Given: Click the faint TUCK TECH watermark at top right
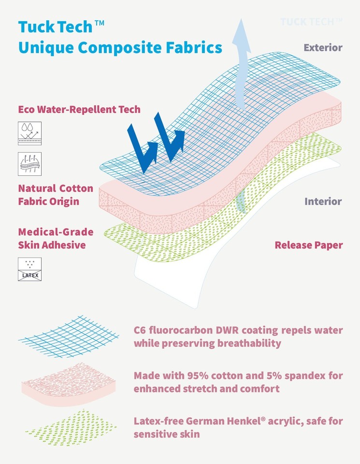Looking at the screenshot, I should click(311, 21).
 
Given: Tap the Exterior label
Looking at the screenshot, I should click(323, 47).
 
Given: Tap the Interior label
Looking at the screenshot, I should click(323, 201).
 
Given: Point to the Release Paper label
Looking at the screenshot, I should click(309, 245).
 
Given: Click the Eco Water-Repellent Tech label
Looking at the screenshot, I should click(79, 109).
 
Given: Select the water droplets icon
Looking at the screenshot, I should click(29, 133).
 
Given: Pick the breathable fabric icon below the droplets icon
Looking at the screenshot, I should click(29, 164).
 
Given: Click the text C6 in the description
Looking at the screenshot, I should click(141, 331).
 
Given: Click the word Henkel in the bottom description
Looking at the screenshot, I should click(253, 421).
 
